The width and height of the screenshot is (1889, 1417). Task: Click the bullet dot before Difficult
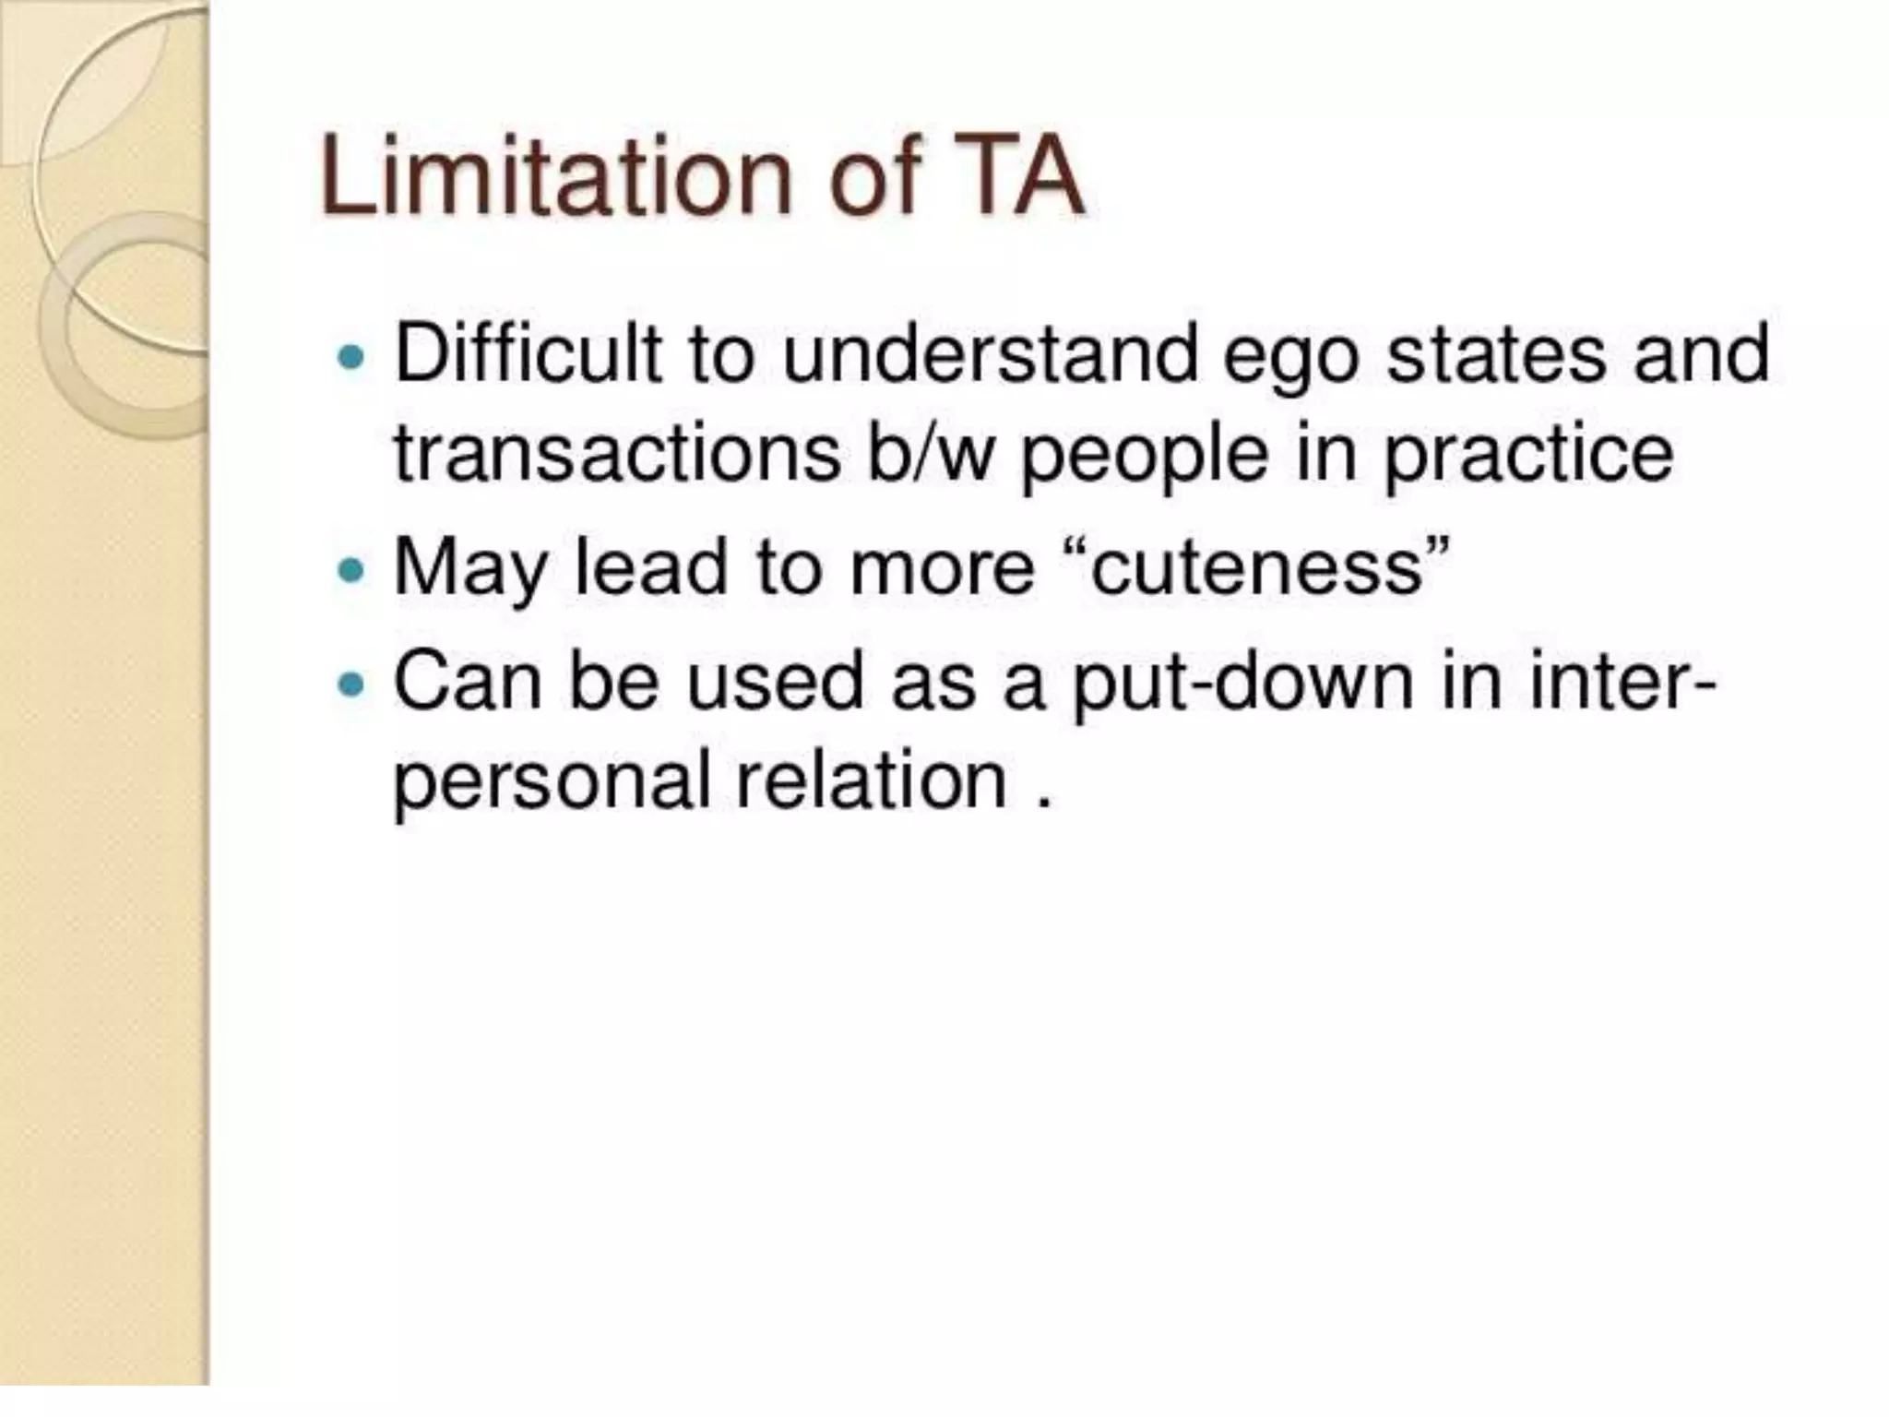pos(350,356)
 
